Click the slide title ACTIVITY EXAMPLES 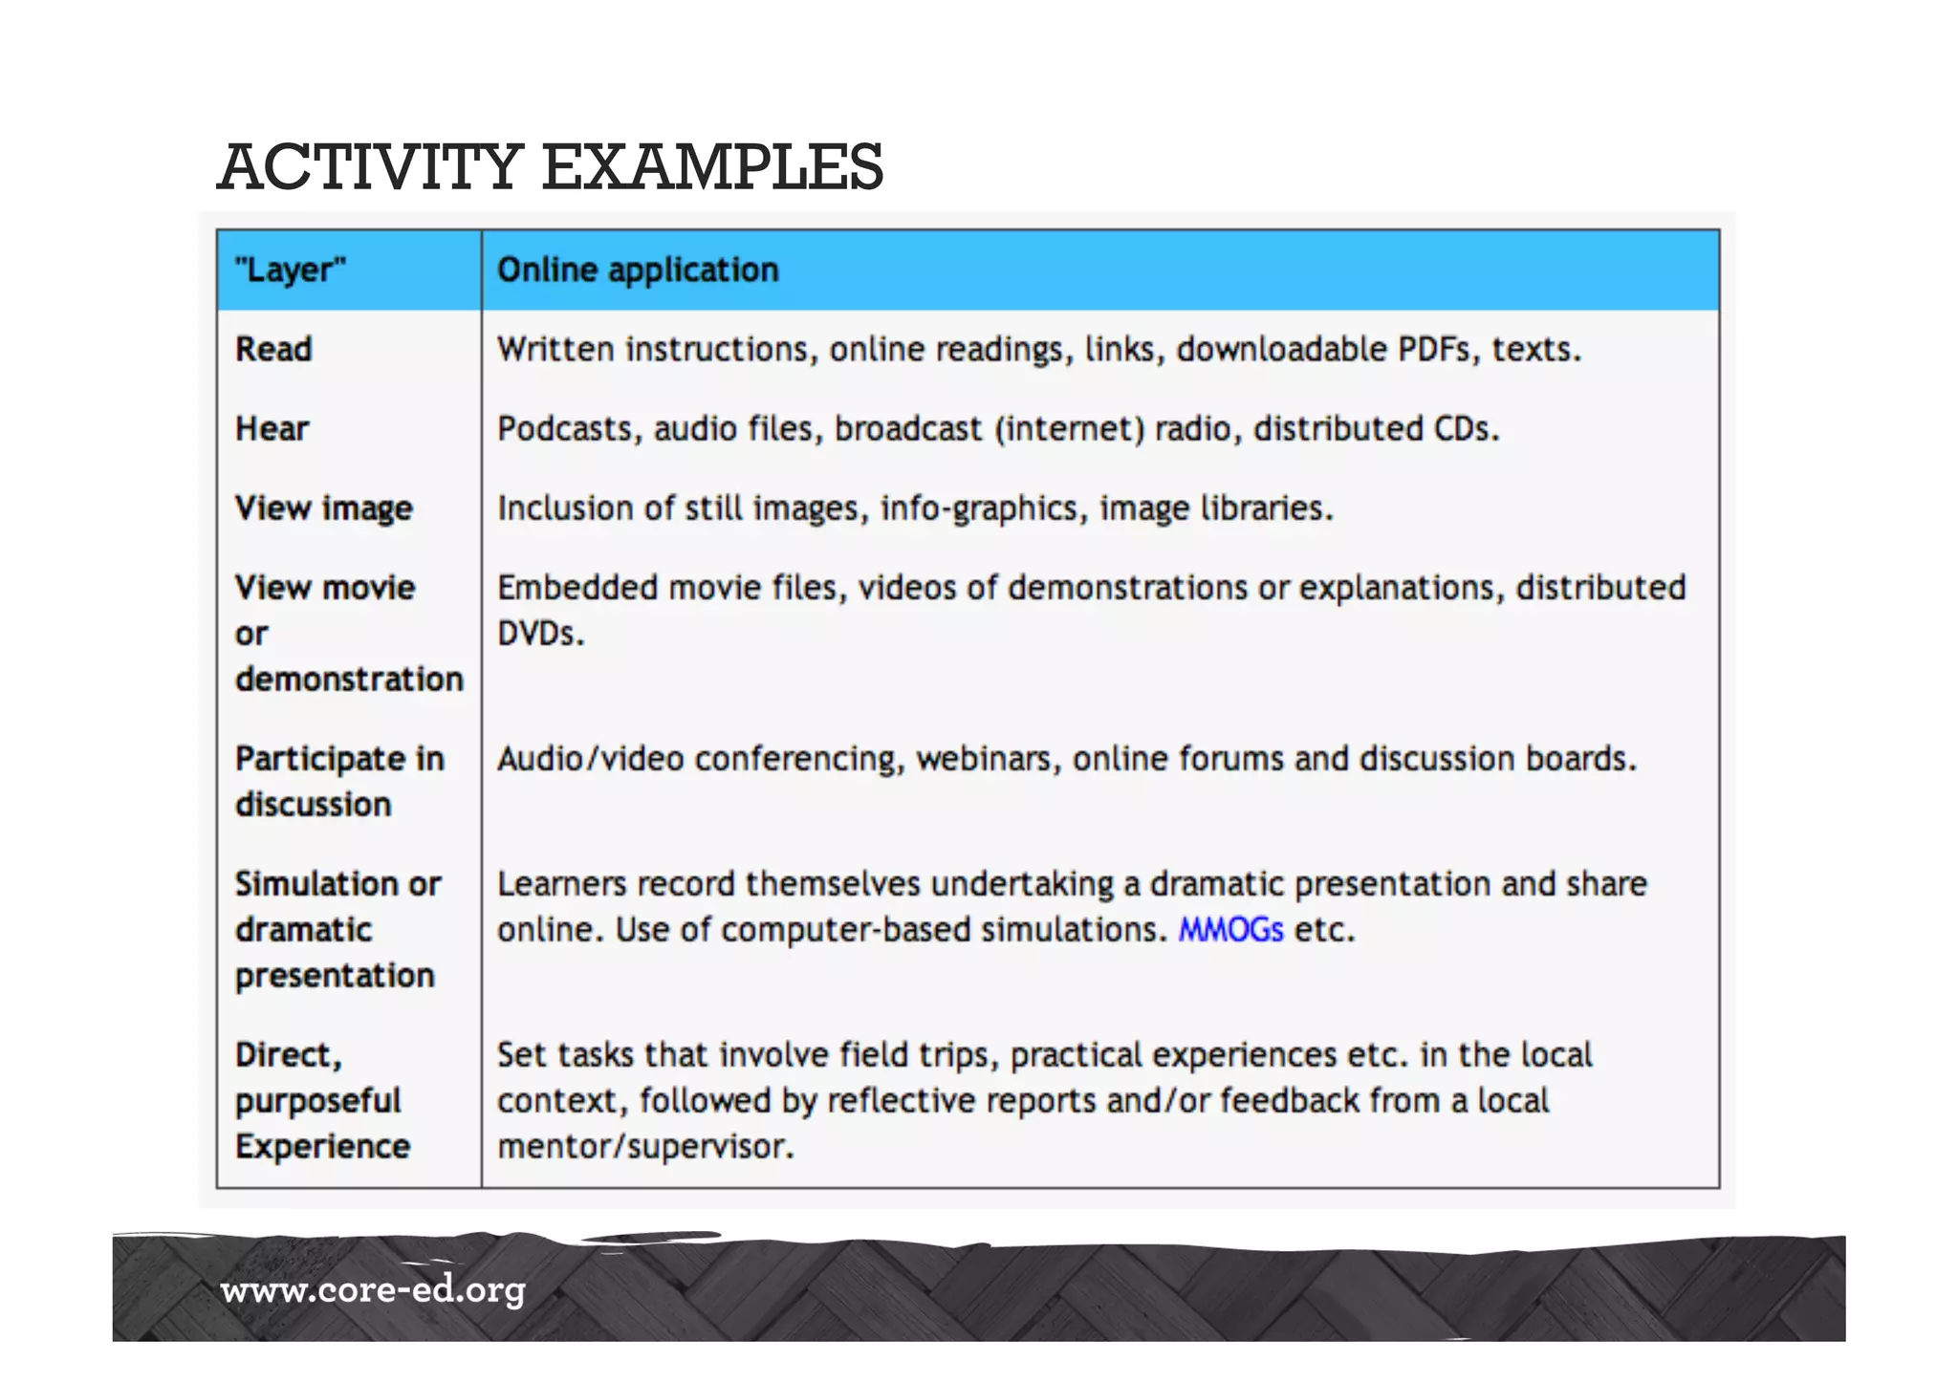pos(551,166)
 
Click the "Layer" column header pos(290,270)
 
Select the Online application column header pos(638,270)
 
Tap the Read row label pos(273,349)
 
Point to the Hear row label pos(272,428)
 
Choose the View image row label pos(323,508)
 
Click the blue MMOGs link pos(1229,929)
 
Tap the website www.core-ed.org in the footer pos(373,1290)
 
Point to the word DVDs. pos(539,633)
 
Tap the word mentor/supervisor pos(645,1146)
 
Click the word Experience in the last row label pos(322,1146)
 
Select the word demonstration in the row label pos(349,679)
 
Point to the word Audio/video pos(590,758)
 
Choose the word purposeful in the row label pos(317,1101)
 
